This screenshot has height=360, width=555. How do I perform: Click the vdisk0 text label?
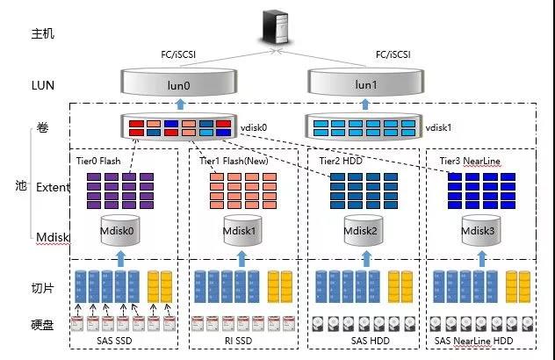[x=255, y=127]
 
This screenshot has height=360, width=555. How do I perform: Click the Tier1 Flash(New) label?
[x=234, y=162]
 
